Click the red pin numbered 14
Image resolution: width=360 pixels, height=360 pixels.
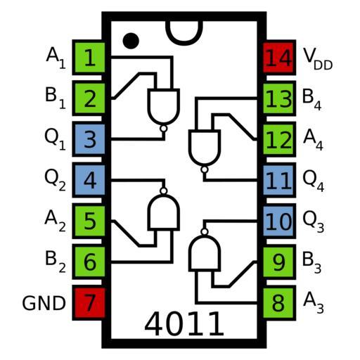(x=279, y=58)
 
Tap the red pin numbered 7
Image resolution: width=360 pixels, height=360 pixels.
(x=89, y=303)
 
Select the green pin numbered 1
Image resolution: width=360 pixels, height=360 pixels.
(x=89, y=58)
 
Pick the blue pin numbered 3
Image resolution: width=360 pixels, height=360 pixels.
(x=89, y=139)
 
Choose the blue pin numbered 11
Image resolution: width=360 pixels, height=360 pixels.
(x=279, y=180)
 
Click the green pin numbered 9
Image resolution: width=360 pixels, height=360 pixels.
(x=279, y=262)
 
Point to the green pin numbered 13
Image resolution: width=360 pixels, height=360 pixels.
(x=279, y=98)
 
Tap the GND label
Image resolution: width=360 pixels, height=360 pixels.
(x=44, y=303)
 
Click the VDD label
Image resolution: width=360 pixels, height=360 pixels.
(x=318, y=58)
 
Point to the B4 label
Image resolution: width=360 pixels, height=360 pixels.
(x=311, y=99)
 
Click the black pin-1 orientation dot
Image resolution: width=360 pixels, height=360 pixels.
(x=131, y=41)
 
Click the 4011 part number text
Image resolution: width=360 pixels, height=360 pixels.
(x=184, y=324)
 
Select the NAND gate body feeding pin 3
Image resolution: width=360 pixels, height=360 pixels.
(x=164, y=106)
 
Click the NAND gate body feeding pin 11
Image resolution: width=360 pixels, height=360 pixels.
(x=205, y=147)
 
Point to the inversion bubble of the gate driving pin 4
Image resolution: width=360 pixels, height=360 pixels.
(x=164, y=191)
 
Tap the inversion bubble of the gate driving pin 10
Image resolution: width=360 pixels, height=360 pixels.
(x=205, y=232)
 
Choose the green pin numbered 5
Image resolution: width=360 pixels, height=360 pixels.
(x=89, y=221)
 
